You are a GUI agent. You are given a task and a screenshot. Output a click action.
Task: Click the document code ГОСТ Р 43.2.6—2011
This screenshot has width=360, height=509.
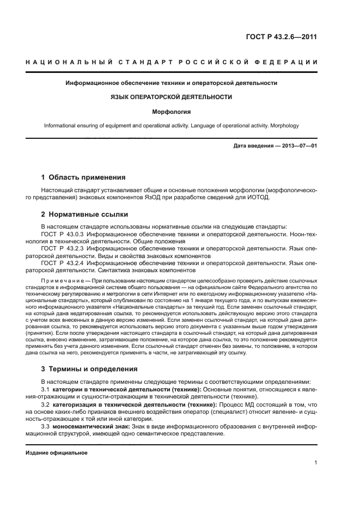(282, 37)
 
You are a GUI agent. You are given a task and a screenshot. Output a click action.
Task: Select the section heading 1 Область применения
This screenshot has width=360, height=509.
(84, 177)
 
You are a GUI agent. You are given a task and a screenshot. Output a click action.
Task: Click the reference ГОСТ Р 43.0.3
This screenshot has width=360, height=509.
(62, 233)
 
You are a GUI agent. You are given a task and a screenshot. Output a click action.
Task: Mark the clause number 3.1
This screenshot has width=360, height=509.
(46, 390)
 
